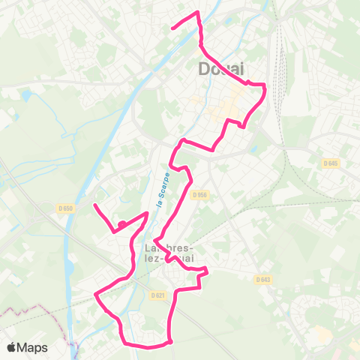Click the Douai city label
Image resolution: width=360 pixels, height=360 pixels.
click(x=223, y=69)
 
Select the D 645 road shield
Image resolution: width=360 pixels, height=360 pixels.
click(x=330, y=163)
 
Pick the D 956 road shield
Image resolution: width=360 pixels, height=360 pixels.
click(x=198, y=194)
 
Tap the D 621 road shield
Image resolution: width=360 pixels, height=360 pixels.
click(x=157, y=295)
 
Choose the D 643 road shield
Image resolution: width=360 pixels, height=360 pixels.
click(x=262, y=280)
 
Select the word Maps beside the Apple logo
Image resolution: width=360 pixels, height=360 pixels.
click(x=34, y=347)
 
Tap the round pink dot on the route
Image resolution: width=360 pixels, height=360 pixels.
click(x=121, y=223)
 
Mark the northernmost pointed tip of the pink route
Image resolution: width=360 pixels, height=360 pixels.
click(x=197, y=13)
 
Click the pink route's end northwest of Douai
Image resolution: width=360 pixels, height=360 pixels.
click(x=173, y=28)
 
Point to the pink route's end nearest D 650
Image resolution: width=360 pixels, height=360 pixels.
click(x=94, y=205)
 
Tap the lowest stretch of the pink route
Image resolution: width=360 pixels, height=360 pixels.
click(x=146, y=347)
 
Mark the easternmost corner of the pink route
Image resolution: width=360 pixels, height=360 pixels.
click(x=266, y=88)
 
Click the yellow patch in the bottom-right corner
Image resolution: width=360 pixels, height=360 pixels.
click(x=322, y=334)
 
